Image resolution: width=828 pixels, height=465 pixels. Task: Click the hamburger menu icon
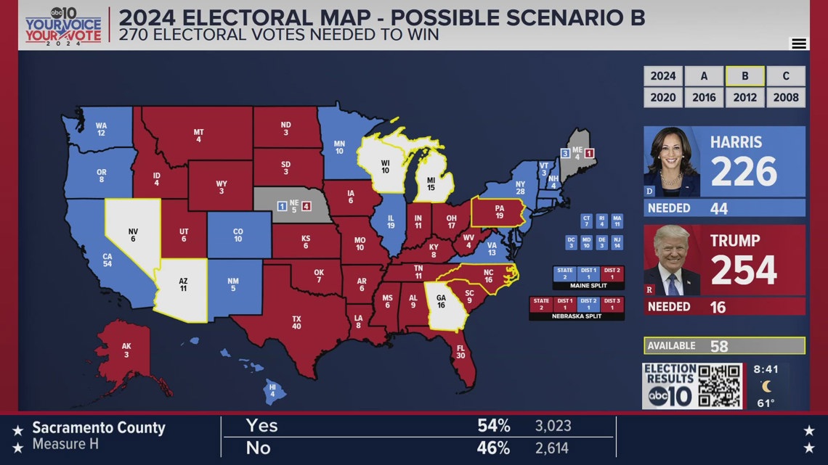(799, 44)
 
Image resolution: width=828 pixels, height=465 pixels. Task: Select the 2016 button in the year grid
(704, 97)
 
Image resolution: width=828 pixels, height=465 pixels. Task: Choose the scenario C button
(786, 76)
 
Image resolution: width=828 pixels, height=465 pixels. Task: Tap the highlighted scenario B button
(744, 76)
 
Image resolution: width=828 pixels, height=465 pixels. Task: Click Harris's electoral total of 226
(744, 171)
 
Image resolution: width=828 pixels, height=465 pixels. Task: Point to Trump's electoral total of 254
(744, 270)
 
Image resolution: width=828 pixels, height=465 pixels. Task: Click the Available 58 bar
(724, 346)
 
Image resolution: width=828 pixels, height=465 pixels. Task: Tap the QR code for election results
(719, 385)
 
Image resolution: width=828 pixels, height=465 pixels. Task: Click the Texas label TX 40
(296, 323)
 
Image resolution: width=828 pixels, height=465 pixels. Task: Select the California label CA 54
(107, 260)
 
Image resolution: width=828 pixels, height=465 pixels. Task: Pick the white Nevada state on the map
(133, 236)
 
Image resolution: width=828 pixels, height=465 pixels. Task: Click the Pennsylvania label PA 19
(499, 212)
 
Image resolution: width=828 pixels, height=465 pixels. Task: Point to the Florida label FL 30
(460, 352)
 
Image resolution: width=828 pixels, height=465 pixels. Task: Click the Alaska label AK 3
(126, 350)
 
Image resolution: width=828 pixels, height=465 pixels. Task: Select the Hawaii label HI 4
(272, 391)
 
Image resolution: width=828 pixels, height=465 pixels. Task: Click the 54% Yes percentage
(493, 426)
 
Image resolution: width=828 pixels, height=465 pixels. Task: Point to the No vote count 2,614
(553, 448)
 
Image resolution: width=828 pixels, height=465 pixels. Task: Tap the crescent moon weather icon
(766, 386)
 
